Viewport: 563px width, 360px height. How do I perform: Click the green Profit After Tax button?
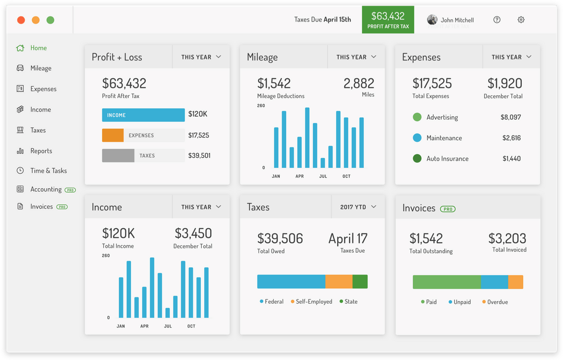pyautogui.click(x=388, y=20)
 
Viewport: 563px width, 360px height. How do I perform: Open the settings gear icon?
pyautogui.click(x=521, y=20)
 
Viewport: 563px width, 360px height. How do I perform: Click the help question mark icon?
pyautogui.click(x=497, y=20)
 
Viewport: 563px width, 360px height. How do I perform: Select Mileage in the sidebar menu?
pyautogui.click(x=41, y=68)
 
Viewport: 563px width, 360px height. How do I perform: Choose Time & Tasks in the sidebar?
pyautogui.click(x=48, y=171)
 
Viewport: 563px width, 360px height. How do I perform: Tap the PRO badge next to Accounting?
pyautogui.click(x=70, y=190)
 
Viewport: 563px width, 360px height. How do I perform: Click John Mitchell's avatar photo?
pyautogui.click(x=432, y=20)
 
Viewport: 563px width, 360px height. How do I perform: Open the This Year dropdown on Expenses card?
pyautogui.click(x=511, y=57)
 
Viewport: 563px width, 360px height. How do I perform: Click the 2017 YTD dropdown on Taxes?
pyautogui.click(x=358, y=207)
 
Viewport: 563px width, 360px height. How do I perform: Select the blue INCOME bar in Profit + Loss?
pyautogui.click(x=143, y=115)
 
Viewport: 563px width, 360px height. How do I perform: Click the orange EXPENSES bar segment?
pyautogui.click(x=113, y=135)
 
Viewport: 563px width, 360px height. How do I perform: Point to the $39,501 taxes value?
pyautogui.click(x=199, y=156)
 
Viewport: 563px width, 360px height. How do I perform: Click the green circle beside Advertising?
pyautogui.click(x=417, y=117)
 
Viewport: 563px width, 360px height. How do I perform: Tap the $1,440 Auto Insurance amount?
pyautogui.click(x=511, y=158)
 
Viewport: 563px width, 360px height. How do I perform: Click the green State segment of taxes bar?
pyautogui.click(x=360, y=281)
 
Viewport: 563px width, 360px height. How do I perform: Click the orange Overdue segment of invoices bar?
pyautogui.click(x=516, y=282)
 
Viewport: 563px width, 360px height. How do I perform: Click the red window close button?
pyautogui.click(x=21, y=20)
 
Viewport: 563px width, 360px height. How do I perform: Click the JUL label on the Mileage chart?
pyautogui.click(x=323, y=176)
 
